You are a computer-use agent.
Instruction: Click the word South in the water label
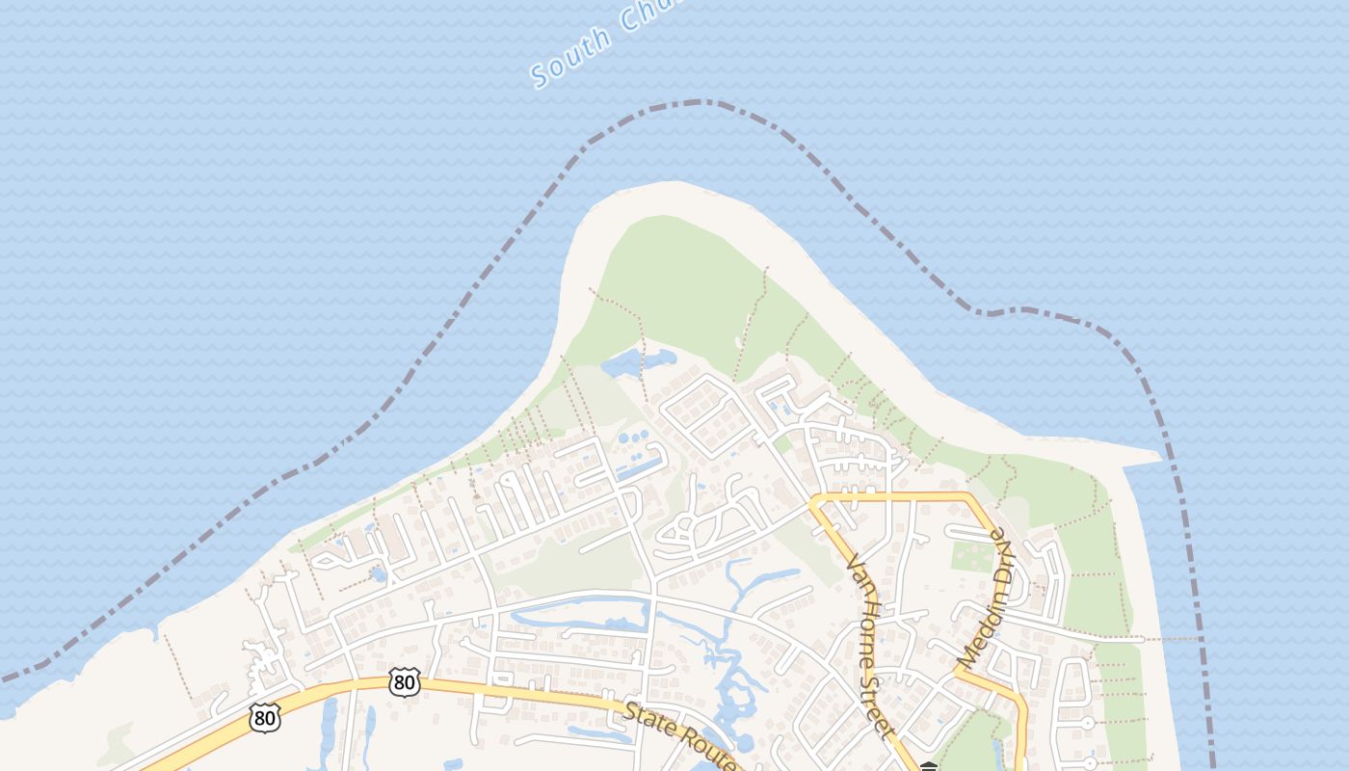click(x=571, y=59)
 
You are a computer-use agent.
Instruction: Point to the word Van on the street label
click(x=855, y=569)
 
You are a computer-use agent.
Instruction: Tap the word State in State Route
click(x=648, y=717)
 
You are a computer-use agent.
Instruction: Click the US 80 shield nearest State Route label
click(x=405, y=682)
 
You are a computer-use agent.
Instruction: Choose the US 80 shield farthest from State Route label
click(x=264, y=717)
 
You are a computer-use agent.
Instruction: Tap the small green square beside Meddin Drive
click(x=971, y=557)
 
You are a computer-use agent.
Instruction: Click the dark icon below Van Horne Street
click(x=928, y=766)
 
